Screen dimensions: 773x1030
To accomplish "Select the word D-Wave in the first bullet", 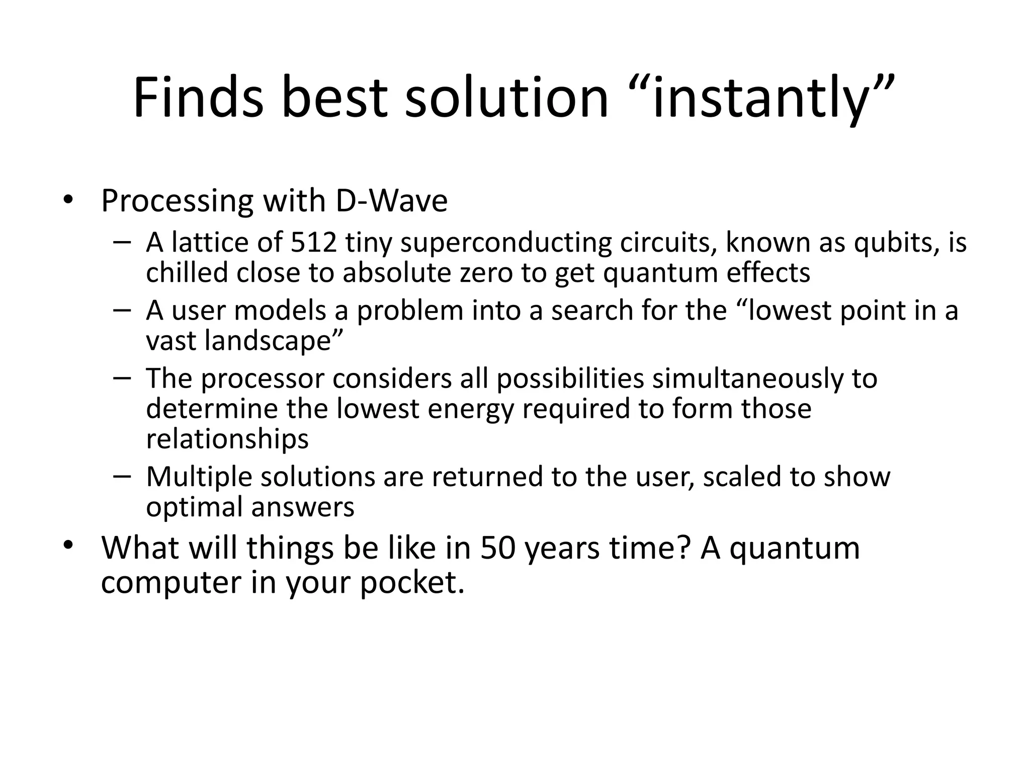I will [x=391, y=201].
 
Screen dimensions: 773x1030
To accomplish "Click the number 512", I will [x=314, y=243].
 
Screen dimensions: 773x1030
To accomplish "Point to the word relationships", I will [x=227, y=439].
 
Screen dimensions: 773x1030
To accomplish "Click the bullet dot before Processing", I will [x=68, y=200].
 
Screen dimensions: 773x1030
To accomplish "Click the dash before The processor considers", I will [x=122, y=378].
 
